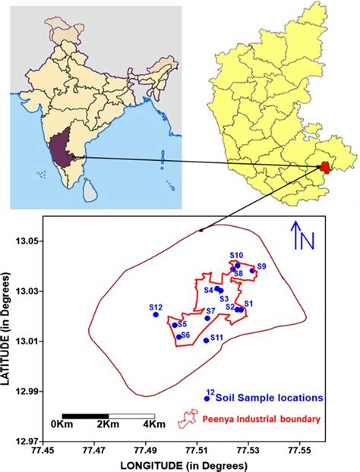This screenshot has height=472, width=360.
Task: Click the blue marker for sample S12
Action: click(x=156, y=314)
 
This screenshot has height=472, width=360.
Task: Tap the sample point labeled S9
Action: click(x=253, y=271)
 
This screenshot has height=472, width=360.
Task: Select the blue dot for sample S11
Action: click(x=207, y=340)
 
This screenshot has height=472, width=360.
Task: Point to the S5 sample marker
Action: click(x=175, y=325)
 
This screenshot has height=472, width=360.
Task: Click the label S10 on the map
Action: click(x=236, y=256)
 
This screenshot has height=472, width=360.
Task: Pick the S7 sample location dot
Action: click(x=207, y=318)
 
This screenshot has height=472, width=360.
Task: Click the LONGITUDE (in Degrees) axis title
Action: click(x=185, y=464)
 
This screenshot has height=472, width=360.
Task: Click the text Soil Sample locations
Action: click(x=270, y=397)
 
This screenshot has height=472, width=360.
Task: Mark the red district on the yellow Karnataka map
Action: click(x=325, y=166)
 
